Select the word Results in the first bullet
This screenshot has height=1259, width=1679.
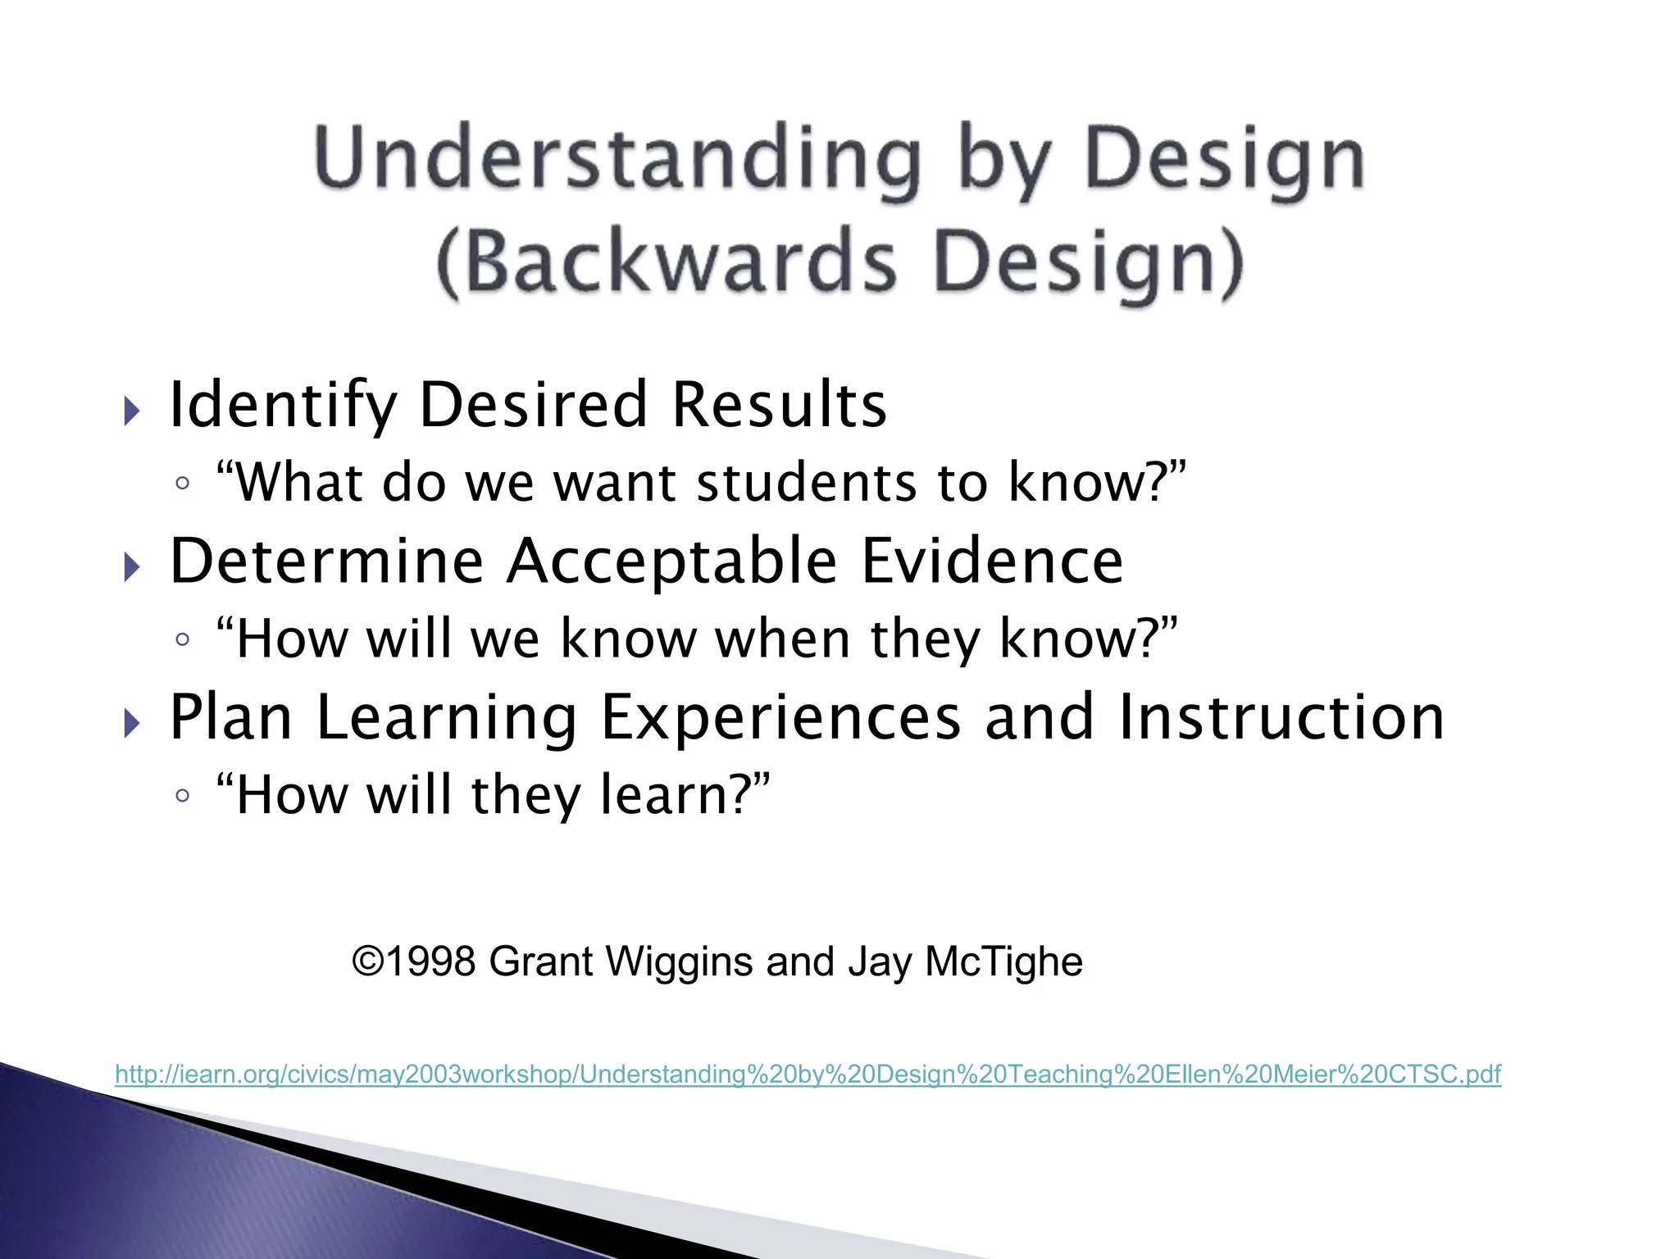(x=779, y=406)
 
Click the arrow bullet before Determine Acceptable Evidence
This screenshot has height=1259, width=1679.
(x=131, y=566)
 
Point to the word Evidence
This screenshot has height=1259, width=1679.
(x=992, y=561)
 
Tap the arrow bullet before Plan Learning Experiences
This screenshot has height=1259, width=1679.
(x=131, y=723)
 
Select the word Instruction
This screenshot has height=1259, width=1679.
(x=1281, y=718)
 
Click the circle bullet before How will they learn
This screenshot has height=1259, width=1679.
(x=182, y=795)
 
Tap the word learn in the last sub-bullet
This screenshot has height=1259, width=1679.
(x=671, y=795)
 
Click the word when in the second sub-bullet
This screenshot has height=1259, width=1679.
(x=783, y=639)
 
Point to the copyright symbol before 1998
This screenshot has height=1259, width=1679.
(x=368, y=961)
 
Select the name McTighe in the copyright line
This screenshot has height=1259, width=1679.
(x=1003, y=962)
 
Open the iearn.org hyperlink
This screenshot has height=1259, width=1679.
(x=808, y=1074)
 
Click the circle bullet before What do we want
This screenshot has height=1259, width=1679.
(x=182, y=483)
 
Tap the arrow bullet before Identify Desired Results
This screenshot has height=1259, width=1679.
(x=131, y=411)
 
